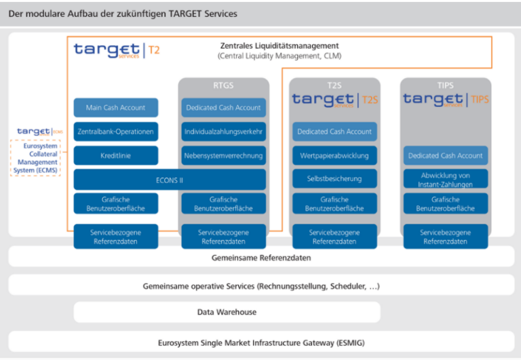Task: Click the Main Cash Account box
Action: (115, 108)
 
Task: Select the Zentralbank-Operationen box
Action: (115, 132)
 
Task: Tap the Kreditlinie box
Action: (115, 156)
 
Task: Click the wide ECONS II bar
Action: (170, 180)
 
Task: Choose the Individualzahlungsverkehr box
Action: (224, 132)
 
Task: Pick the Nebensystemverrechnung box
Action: (224, 156)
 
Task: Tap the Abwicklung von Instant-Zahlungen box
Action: (445, 180)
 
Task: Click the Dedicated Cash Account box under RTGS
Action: (224, 108)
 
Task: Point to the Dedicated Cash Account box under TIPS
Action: (445, 156)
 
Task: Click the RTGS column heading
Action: (223, 85)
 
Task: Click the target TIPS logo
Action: (445, 100)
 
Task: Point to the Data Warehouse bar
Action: (227, 312)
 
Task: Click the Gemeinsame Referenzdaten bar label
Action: (261, 258)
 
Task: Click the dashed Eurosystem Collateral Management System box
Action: (35, 157)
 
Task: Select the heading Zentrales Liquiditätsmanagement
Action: (279, 46)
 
